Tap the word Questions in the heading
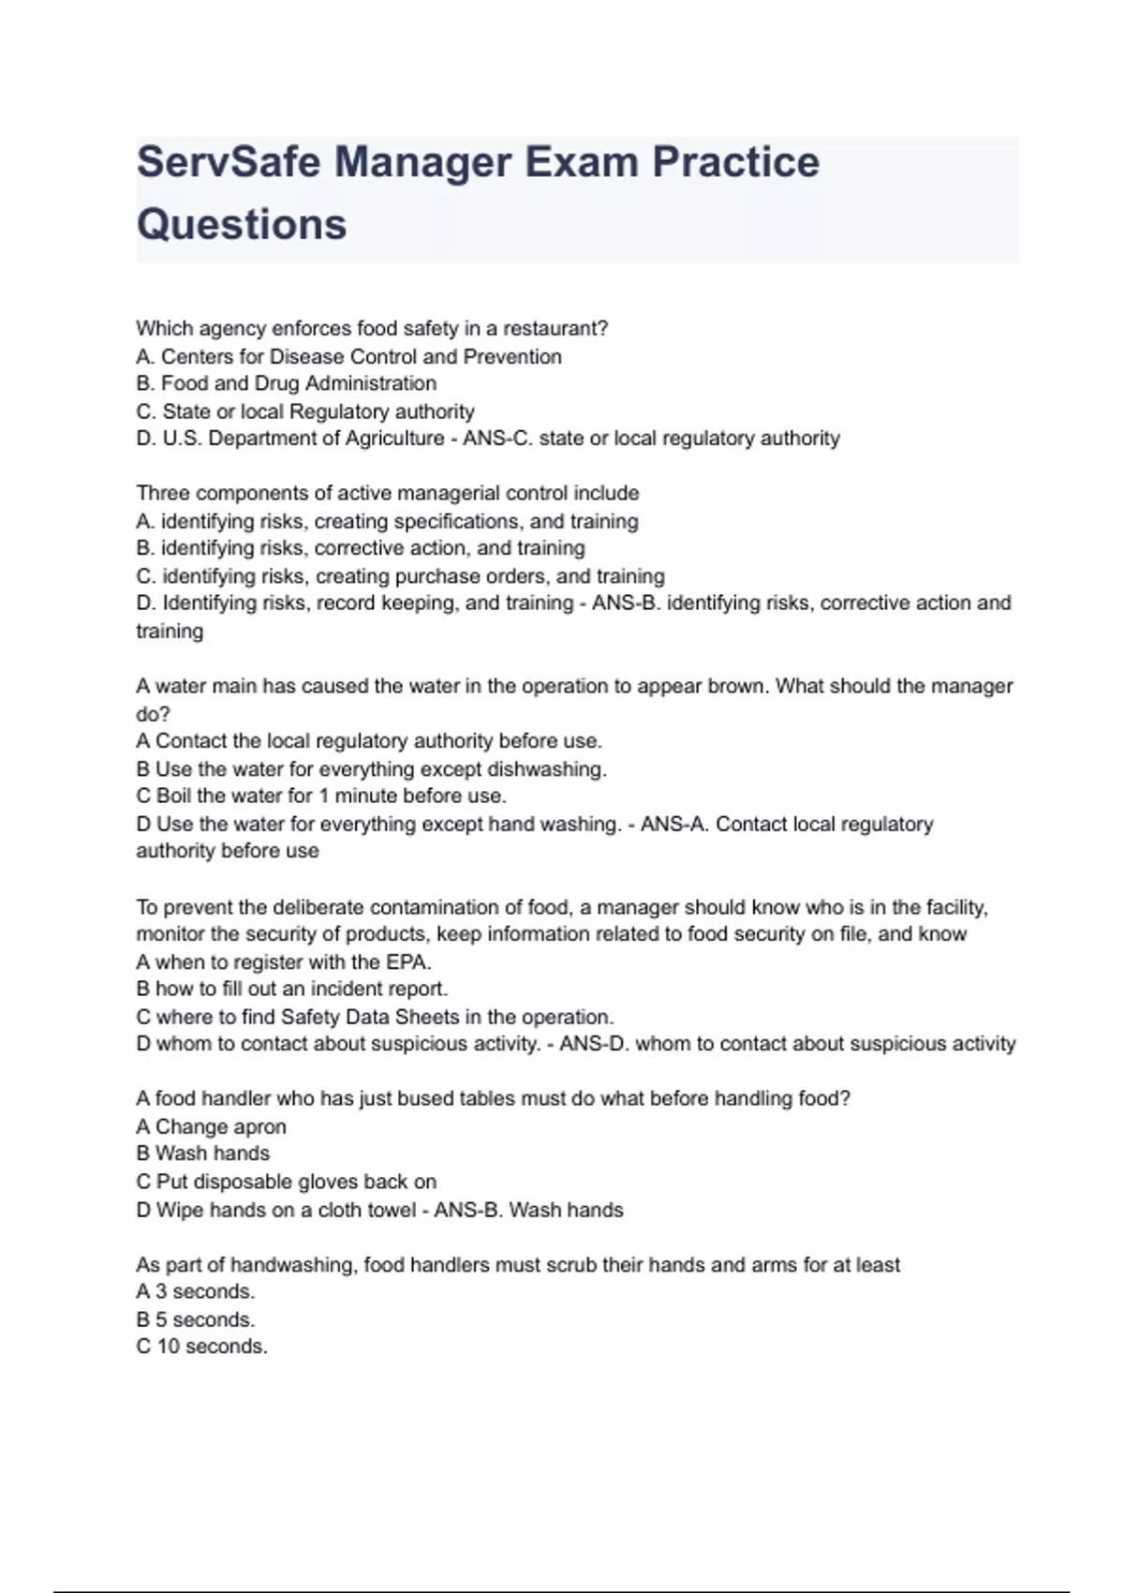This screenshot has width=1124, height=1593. (242, 224)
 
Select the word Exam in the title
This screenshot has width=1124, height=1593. (580, 161)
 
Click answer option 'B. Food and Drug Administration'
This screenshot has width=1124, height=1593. (286, 383)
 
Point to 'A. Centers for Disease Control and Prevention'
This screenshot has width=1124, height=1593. (348, 356)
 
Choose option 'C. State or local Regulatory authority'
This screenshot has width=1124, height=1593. (305, 411)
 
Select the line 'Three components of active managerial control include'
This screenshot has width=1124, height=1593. (388, 493)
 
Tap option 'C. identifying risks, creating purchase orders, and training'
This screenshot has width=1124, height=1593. (400, 576)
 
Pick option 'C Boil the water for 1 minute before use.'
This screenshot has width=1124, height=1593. (320, 796)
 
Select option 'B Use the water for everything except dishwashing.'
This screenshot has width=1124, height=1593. (371, 768)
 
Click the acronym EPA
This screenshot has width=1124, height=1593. (407, 961)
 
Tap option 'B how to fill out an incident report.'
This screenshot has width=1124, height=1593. (291, 989)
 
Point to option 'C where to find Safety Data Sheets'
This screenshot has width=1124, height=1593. (375, 1017)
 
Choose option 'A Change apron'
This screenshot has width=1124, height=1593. (211, 1126)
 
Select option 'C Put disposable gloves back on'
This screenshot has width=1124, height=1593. (286, 1182)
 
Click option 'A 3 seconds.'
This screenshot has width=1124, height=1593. (195, 1291)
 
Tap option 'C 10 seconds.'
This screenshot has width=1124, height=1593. (201, 1347)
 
